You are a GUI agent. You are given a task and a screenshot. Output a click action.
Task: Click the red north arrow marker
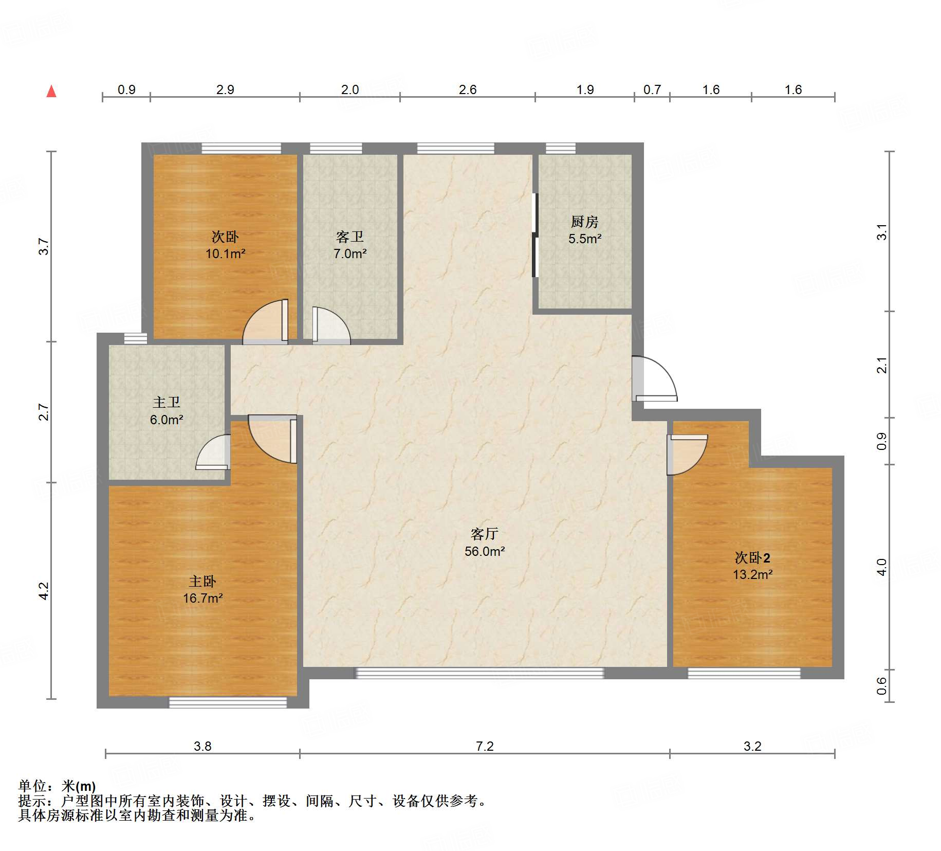[x=51, y=92]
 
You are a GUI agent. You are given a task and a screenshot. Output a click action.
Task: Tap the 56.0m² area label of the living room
[x=485, y=552]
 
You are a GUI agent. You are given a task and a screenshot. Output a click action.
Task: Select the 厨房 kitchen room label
[x=585, y=222]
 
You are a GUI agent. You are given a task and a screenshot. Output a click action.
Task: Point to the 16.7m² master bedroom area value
[x=203, y=599]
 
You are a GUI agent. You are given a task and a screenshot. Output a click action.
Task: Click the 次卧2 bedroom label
[x=752, y=558]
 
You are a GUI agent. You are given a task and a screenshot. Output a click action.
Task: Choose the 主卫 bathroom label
[x=167, y=403]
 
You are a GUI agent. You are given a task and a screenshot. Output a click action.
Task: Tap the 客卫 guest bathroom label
[x=350, y=237]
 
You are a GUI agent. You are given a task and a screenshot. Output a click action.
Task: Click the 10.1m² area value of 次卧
[x=226, y=254]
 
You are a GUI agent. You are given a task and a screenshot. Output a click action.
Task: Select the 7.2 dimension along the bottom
[x=485, y=746]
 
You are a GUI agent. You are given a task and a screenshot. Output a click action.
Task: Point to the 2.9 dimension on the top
[x=225, y=90]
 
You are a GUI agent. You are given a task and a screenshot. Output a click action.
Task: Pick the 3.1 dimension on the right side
[x=882, y=232]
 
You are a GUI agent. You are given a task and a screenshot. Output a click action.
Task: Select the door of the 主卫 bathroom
[x=213, y=452]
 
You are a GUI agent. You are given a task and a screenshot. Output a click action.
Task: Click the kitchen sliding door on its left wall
[x=535, y=235]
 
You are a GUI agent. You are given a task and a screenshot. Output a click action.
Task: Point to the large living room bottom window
[x=480, y=673]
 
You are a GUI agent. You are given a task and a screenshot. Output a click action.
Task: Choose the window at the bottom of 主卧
[x=228, y=702]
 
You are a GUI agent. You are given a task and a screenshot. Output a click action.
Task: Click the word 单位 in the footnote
[x=32, y=786]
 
